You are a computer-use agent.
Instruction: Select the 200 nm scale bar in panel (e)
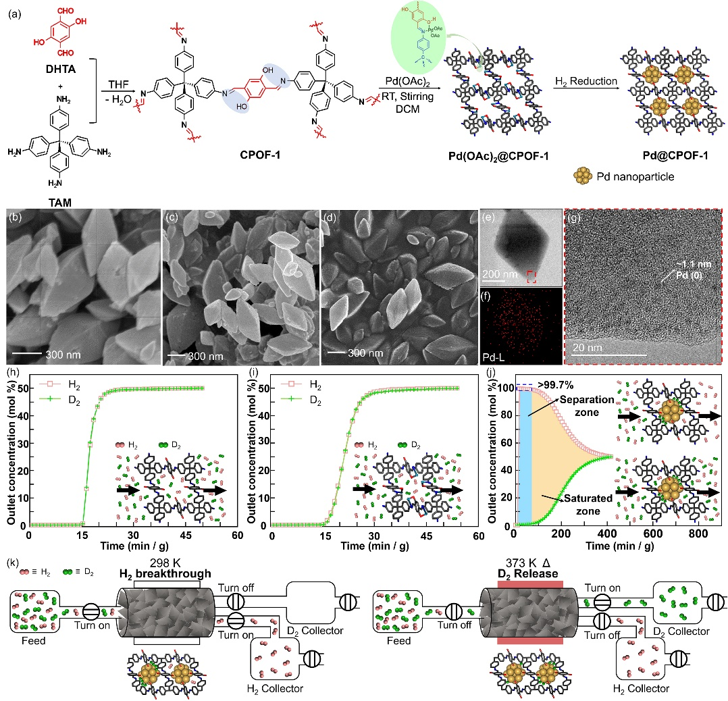tap(497, 276)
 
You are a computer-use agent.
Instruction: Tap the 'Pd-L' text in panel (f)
tap(494, 353)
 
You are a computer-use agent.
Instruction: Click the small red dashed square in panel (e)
tap(533, 275)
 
